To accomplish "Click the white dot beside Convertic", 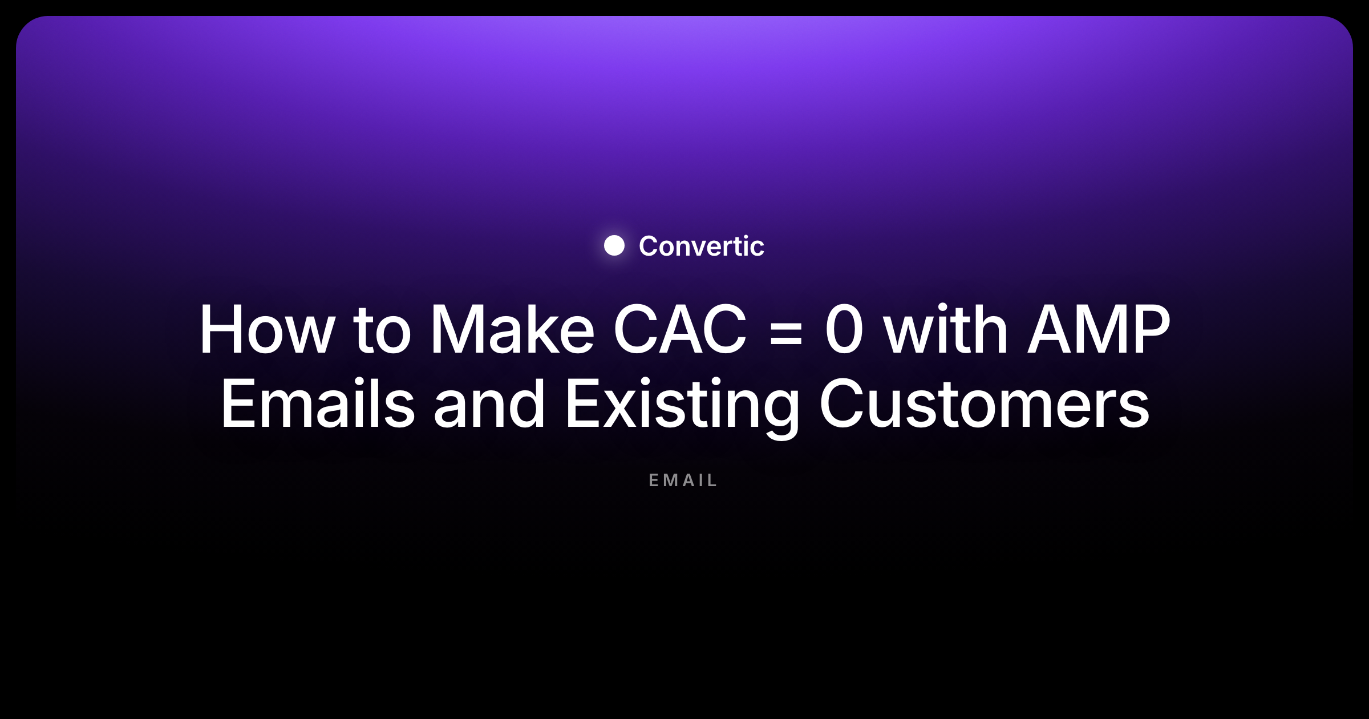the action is [614, 245].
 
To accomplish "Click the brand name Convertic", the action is [701, 246].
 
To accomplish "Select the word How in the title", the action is [267, 329].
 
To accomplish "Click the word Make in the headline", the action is [512, 329].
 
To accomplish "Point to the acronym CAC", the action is [679, 329].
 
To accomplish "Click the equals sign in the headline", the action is [786, 333].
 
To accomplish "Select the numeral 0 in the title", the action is [844, 329].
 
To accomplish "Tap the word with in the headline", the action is [946, 329].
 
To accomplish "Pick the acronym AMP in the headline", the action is [1099, 329].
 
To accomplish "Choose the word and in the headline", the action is [489, 403].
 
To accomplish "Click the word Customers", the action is [985, 403].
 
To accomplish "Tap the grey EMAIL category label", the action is [683, 480].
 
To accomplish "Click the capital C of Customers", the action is [842, 403].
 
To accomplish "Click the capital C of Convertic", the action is [649, 246].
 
